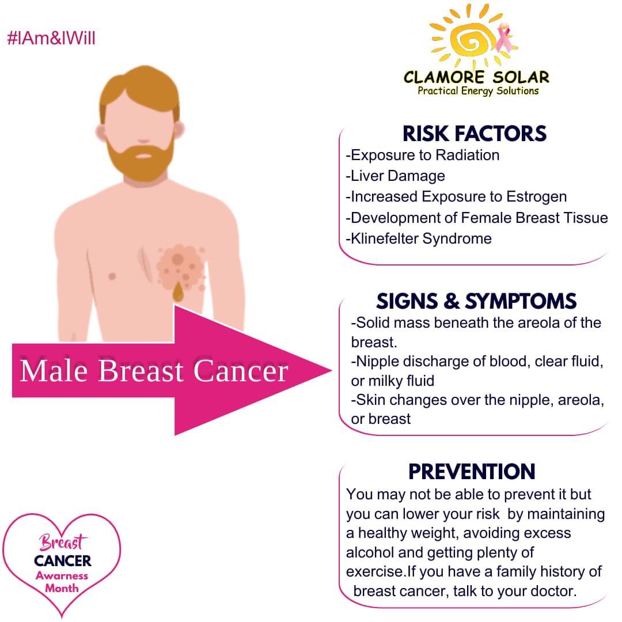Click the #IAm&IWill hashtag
(x=51, y=39)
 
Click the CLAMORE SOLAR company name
(x=476, y=77)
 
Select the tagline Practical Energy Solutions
(x=478, y=90)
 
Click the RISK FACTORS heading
(x=474, y=134)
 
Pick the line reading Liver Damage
(x=395, y=176)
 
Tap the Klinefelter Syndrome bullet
(x=419, y=238)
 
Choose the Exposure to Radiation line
(x=422, y=155)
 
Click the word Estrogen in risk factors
(x=537, y=196)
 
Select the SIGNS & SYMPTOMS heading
(x=476, y=301)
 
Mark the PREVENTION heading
(x=472, y=471)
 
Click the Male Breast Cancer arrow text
(x=154, y=370)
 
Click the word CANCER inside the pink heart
(x=62, y=560)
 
